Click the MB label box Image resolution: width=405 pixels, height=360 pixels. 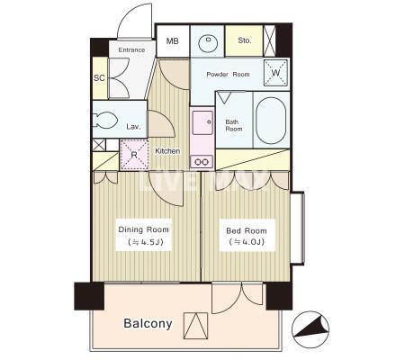click(x=173, y=41)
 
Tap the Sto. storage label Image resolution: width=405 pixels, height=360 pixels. click(x=245, y=40)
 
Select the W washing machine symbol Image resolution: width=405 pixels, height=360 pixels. click(x=275, y=72)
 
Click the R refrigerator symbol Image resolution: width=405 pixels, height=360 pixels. click(x=134, y=155)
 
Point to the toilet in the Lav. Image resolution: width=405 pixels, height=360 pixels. click(x=104, y=121)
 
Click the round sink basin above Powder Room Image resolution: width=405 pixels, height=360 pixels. click(x=208, y=44)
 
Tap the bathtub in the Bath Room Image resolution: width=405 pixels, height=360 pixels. click(x=271, y=121)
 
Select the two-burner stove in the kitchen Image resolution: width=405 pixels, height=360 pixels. click(x=202, y=162)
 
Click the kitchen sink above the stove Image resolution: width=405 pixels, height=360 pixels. click(x=202, y=122)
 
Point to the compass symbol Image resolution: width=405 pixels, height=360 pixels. click(x=310, y=329)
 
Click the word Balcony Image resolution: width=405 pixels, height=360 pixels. click(x=148, y=323)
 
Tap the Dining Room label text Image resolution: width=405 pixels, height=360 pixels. click(x=143, y=229)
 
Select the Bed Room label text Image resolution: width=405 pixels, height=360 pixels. click(x=247, y=230)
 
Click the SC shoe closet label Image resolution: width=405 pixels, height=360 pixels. click(x=99, y=78)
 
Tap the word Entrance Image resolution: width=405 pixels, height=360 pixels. click(x=131, y=49)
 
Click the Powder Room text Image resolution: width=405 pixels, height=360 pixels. click(x=228, y=74)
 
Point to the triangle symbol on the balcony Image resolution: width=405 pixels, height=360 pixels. click(x=195, y=326)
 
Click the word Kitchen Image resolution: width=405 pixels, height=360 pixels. click(x=167, y=151)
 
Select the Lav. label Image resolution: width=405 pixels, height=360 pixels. click(x=133, y=127)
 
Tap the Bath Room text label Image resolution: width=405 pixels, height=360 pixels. click(x=234, y=125)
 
